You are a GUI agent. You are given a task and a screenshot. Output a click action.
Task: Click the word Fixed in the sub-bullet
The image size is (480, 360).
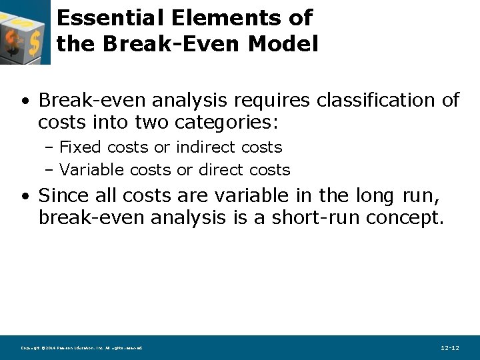81,147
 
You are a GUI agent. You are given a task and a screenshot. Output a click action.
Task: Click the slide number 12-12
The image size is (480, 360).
450,348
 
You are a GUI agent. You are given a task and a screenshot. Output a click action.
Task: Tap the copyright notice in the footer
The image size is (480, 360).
81,348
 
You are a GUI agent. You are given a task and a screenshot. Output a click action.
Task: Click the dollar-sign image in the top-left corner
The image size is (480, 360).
25,32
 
